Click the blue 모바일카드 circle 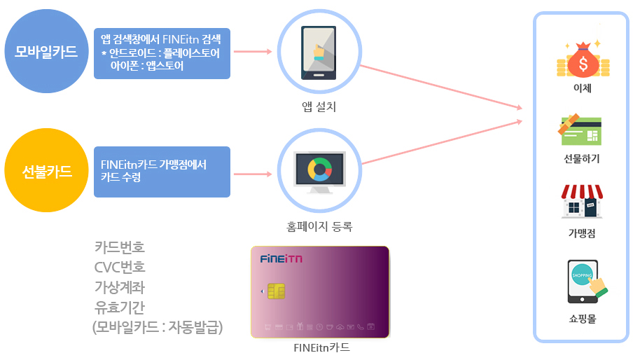click(x=46, y=51)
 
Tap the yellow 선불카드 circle click(x=46, y=170)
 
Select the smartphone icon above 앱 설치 click(x=319, y=53)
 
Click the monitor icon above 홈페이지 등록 click(x=319, y=172)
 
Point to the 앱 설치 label click(x=319, y=106)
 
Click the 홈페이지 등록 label click(x=319, y=226)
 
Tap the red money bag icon click(x=583, y=60)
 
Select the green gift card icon click(x=580, y=130)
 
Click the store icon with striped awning click(x=582, y=202)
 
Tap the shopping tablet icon click(x=587, y=282)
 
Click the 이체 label click(x=583, y=88)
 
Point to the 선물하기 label click(x=582, y=158)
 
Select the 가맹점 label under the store click(x=582, y=233)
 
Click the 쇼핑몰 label click(x=582, y=319)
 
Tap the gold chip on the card click(x=277, y=291)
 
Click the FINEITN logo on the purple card click(x=281, y=258)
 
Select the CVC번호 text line click(x=120, y=267)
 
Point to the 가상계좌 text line click(x=120, y=287)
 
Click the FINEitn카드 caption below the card click(x=321, y=347)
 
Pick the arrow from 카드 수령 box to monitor click(x=253, y=174)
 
